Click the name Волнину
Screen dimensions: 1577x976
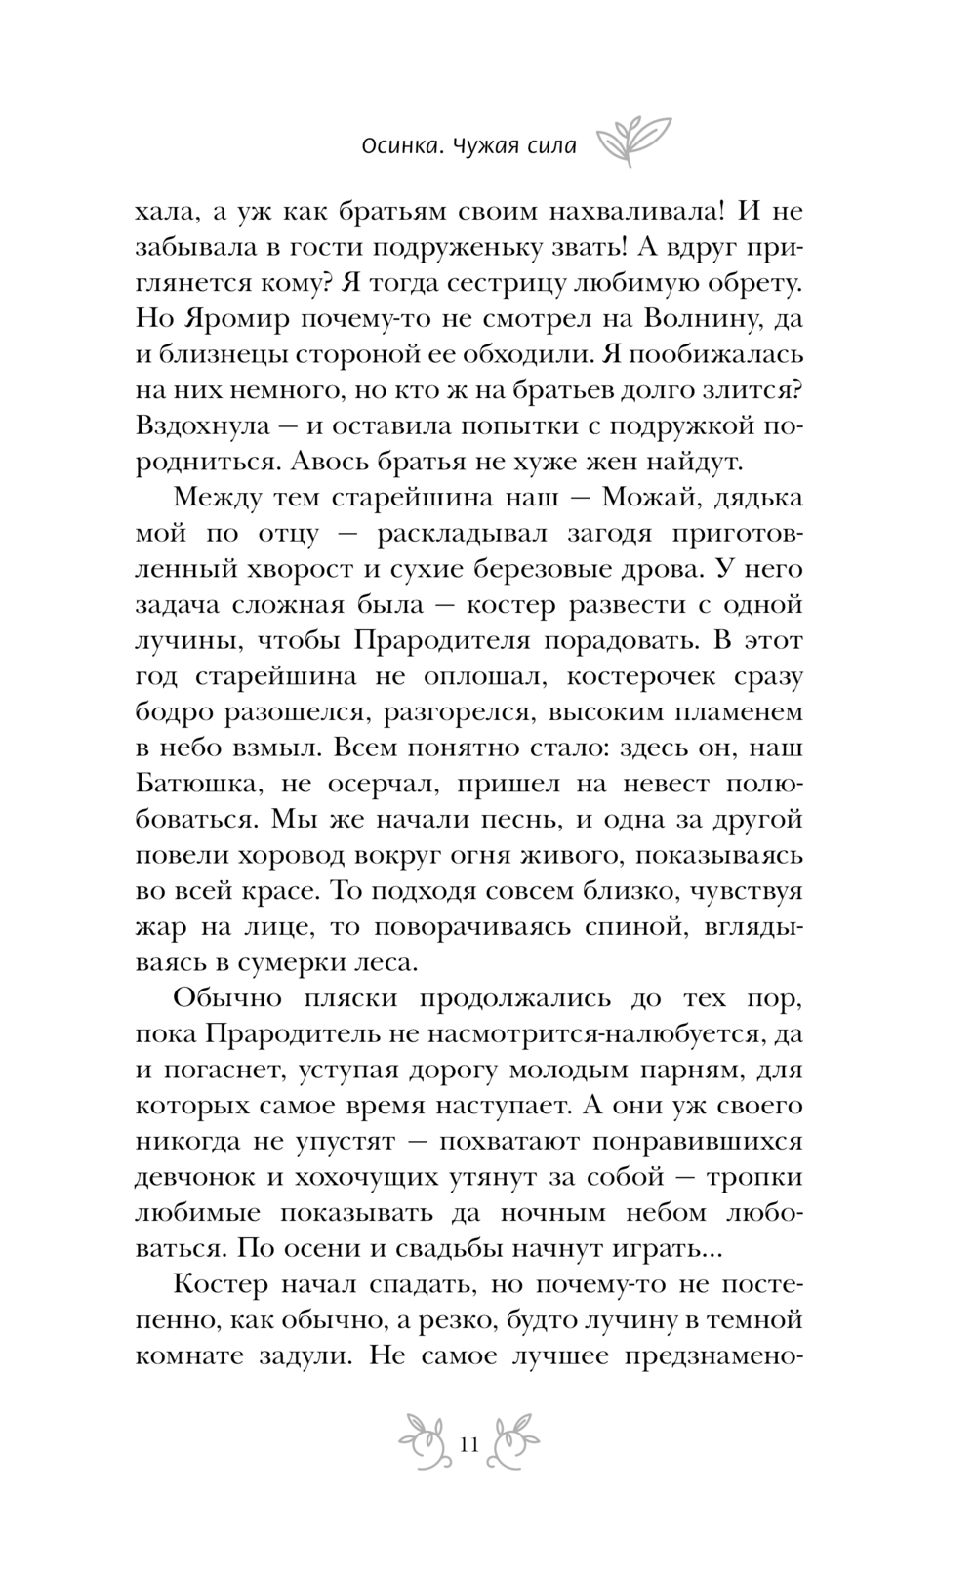click(x=695, y=319)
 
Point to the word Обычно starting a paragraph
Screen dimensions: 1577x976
click(x=228, y=998)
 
